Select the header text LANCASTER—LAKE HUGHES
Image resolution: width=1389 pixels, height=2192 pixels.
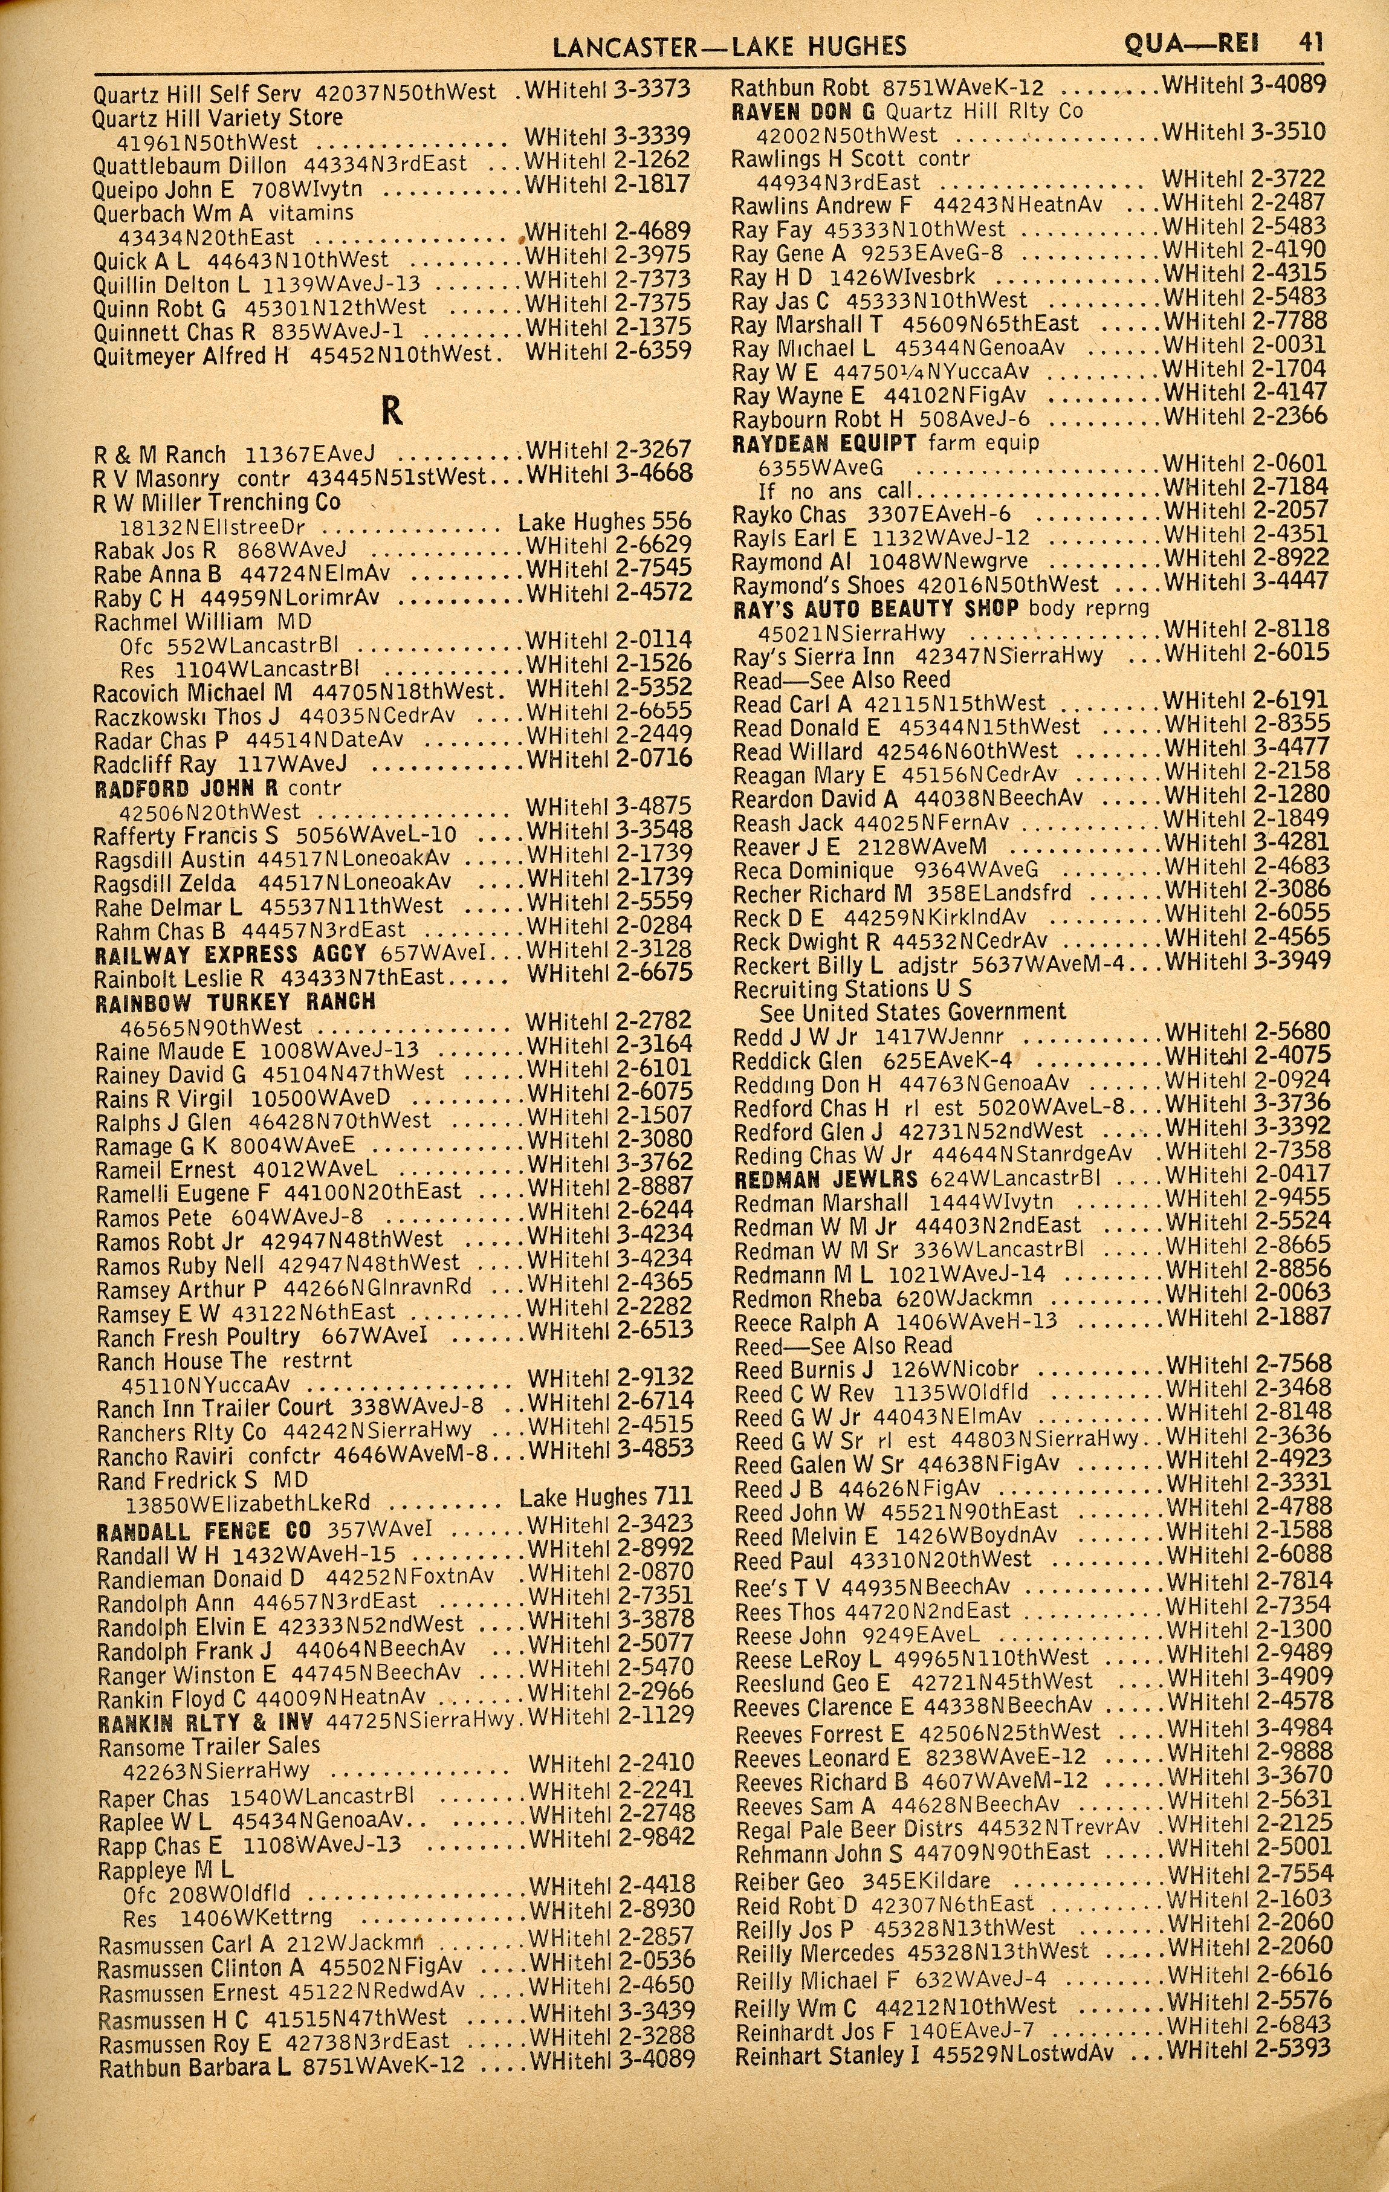tap(717, 45)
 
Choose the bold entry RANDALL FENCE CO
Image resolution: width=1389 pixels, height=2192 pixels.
tap(204, 1530)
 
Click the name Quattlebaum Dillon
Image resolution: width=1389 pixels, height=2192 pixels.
tap(189, 166)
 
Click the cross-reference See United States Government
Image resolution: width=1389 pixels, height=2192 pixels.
tap(912, 1012)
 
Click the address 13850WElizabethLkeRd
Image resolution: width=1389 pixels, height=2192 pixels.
tap(246, 1503)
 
